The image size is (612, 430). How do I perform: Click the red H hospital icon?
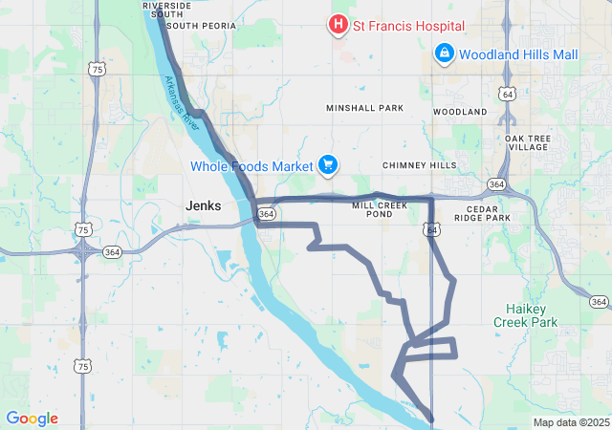[338, 25]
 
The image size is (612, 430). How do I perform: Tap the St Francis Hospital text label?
[409, 25]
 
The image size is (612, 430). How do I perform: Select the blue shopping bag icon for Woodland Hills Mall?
[444, 54]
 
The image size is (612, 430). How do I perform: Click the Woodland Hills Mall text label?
[518, 54]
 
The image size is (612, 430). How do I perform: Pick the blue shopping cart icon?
[328, 166]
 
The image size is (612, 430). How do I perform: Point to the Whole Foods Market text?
[251, 166]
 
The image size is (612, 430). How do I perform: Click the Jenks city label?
[203, 205]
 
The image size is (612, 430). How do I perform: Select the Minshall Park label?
[364, 109]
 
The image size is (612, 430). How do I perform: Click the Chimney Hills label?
[420, 165]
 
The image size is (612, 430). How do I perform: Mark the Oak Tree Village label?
[528, 142]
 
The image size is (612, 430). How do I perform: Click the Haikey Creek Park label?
[525, 316]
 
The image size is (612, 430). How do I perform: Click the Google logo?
[32, 419]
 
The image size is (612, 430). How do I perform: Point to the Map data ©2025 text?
[570, 422]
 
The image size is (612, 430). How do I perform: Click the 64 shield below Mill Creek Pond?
[432, 229]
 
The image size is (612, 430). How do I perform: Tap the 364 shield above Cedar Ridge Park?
[495, 183]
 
